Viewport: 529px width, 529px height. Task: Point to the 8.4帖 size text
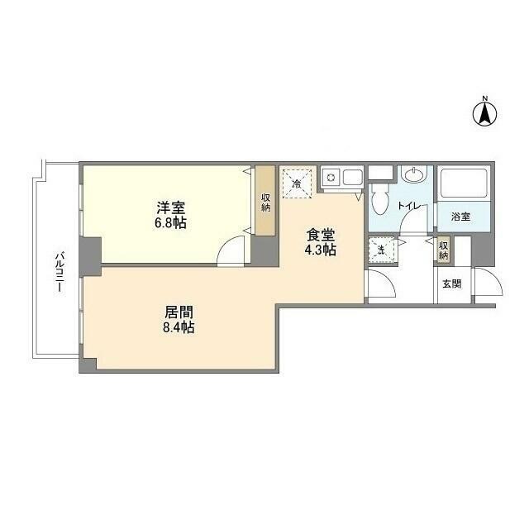(178, 328)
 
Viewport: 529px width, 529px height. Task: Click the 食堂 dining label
(318, 234)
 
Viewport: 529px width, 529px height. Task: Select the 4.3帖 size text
(318, 249)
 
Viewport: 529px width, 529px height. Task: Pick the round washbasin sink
(413, 176)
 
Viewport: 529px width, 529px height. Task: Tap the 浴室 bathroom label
(460, 217)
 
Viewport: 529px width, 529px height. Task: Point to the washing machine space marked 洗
(382, 250)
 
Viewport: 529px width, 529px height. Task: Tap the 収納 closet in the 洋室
(265, 203)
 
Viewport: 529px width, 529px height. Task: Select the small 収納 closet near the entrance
(443, 250)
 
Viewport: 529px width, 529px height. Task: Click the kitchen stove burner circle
(330, 176)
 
